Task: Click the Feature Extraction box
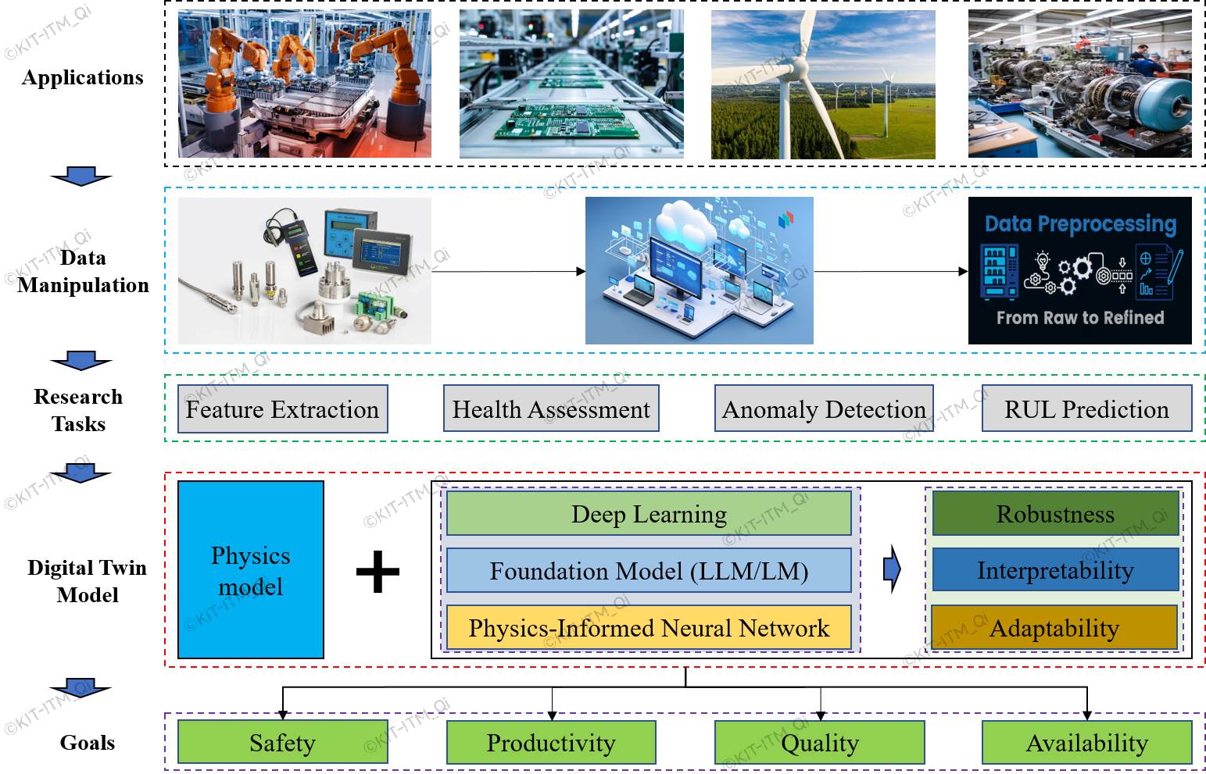(282, 409)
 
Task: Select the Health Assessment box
(551, 408)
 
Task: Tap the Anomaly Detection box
(824, 408)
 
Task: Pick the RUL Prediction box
(1086, 408)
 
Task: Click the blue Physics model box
(251, 570)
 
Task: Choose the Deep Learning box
(649, 514)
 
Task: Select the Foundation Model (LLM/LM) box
(649, 571)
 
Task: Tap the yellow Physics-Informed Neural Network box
(649, 628)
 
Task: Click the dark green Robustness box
(1055, 514)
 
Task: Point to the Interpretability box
(1055, 570)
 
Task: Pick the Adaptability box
(1054, 628)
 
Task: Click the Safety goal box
(282, 743)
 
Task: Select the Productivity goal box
(551, 743)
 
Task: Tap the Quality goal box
(820, 743)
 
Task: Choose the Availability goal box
(1086, 743)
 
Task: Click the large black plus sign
(378, 572)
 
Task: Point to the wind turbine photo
(823, 84)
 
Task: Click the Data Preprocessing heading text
(1080, 224)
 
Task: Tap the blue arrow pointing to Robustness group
(892, 569)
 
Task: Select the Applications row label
(83, 77)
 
